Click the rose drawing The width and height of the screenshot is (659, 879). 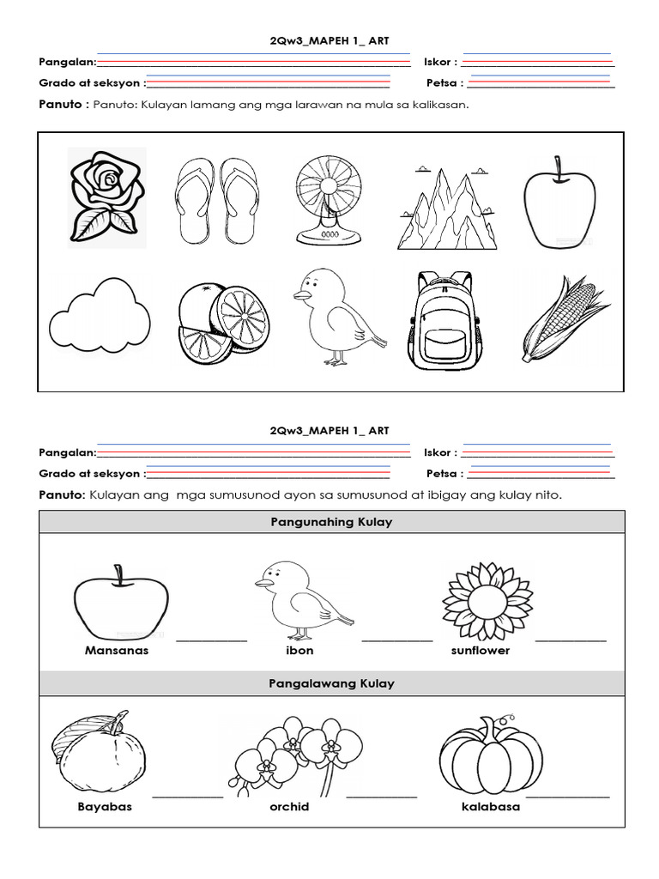tap(105, 197)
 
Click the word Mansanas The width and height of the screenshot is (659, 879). tap(117, 651)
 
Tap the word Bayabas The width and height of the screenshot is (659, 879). tap(105, 807)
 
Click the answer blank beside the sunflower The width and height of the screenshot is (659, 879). tap(571, 640)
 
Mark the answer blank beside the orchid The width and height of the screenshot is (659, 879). tap(382, 797)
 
